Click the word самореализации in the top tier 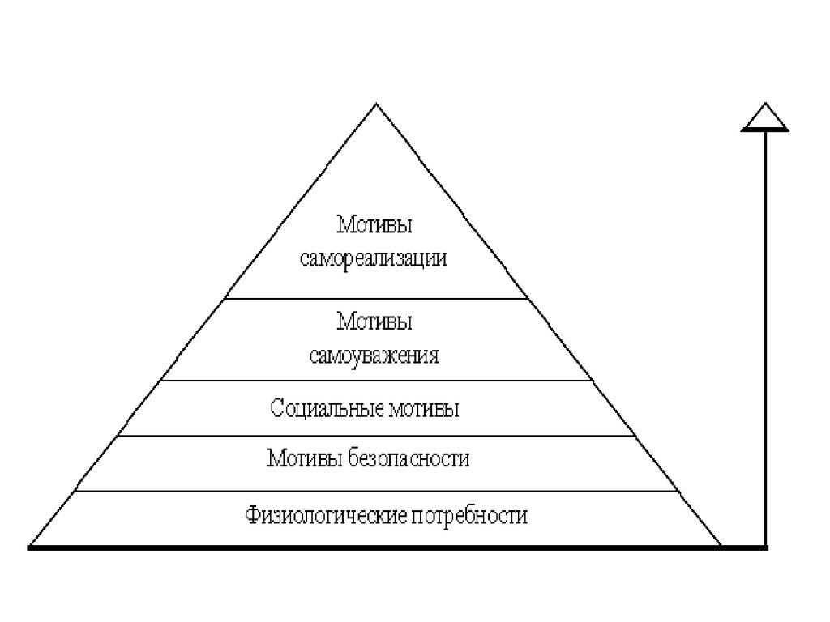point(374,260)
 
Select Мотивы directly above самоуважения point(374,322)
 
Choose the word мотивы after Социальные point(423,407)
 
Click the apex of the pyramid point(375,104)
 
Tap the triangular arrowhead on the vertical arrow point(764,117)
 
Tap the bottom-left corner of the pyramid point(32,546)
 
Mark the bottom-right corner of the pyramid point(720,546)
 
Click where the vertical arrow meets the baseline point(764,547)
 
